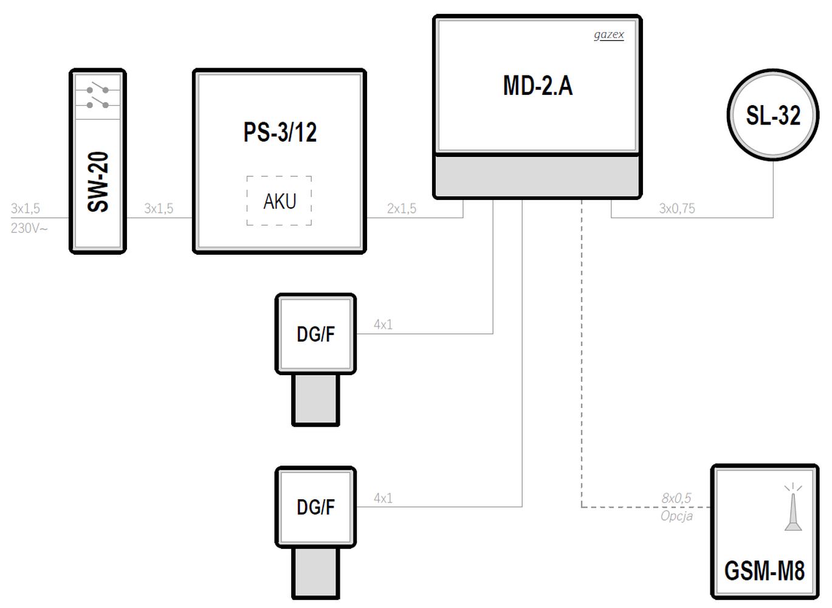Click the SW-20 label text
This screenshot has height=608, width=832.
coord(98,182)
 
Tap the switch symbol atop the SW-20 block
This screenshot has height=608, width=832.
coord(98,97)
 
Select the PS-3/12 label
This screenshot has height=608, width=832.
coord(280,133)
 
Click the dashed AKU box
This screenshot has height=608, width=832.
coord(280,201)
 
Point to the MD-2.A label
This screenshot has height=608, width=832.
coord(538,86)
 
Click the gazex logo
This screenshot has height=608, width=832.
coord(609,35)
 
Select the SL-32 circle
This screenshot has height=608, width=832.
coord(773,115)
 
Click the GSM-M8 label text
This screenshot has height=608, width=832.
coord(765,571)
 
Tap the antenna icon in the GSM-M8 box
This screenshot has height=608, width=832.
coord(793,508)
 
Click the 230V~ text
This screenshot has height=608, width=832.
coord(29,229)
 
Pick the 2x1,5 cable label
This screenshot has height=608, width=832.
coord(402,209)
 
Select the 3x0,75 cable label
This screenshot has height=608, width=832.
coord(677,209)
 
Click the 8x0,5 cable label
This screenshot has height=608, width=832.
coord(676,499)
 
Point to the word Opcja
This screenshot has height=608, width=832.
coord(676,516)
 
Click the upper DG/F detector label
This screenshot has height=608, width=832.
coord(315,334)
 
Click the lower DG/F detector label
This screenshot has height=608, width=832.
coord(315,507)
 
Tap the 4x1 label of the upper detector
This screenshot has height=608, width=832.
coord(383,325)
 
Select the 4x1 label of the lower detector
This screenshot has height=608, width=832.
coord(383,499)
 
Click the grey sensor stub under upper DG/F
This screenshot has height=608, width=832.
coord(315,399)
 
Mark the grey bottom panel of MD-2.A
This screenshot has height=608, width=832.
coord(537,176)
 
